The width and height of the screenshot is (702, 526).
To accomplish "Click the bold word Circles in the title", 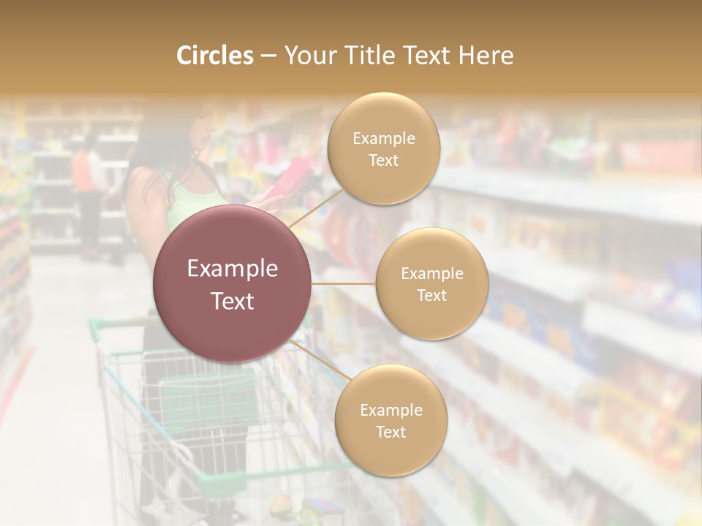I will click(215, 56).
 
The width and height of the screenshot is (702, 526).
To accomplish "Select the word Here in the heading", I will click(486, 56).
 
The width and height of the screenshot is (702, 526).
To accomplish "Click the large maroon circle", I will click(233, 283).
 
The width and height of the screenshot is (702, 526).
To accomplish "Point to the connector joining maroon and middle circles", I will click(344, 283).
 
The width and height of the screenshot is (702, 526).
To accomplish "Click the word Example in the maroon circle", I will click(233, 269).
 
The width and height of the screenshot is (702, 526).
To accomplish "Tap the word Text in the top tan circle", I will click(383, 160).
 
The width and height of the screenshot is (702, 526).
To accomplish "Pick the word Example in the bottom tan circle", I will click(390, 410).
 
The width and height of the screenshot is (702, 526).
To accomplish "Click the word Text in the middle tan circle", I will click(431, 295).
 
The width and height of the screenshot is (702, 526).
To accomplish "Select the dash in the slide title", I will click(268, 56).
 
